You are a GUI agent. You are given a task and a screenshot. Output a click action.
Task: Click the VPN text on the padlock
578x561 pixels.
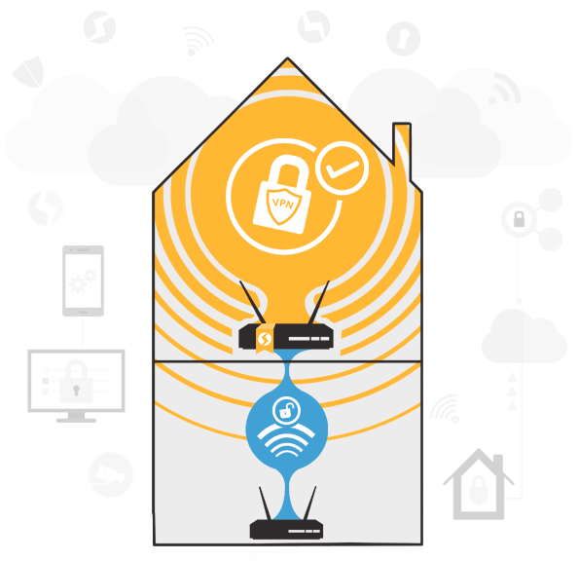283,204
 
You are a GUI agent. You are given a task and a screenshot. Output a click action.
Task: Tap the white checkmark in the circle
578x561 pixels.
343,169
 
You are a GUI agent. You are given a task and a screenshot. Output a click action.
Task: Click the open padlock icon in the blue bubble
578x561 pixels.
287,410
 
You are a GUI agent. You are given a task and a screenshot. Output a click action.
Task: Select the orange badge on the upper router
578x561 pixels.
265,338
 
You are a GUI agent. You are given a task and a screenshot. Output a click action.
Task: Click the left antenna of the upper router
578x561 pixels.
252,302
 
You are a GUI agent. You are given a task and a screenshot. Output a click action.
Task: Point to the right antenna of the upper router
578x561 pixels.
319,302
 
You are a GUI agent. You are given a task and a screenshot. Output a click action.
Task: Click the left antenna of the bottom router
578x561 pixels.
266,504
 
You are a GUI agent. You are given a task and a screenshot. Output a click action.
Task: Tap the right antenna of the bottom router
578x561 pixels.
309,504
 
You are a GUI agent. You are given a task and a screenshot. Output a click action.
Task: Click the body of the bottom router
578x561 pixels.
286,530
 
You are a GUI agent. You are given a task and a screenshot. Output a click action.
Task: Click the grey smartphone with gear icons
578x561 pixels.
83,280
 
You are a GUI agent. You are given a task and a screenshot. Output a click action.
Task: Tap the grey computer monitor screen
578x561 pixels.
76,381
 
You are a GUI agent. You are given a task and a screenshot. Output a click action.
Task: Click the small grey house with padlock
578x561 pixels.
479,484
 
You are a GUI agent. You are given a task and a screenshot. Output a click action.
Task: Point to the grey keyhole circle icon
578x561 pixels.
403,38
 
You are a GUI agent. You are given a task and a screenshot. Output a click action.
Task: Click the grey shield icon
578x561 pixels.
29,72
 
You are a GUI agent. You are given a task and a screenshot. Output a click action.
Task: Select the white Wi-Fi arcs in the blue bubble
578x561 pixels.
286,440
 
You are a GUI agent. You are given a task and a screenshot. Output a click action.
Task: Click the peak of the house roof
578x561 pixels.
287,57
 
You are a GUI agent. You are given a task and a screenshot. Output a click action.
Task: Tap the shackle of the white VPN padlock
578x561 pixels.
287,170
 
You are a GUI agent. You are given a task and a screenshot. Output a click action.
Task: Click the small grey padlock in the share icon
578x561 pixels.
519,219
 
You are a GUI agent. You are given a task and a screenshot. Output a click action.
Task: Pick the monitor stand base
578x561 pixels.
76,420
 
